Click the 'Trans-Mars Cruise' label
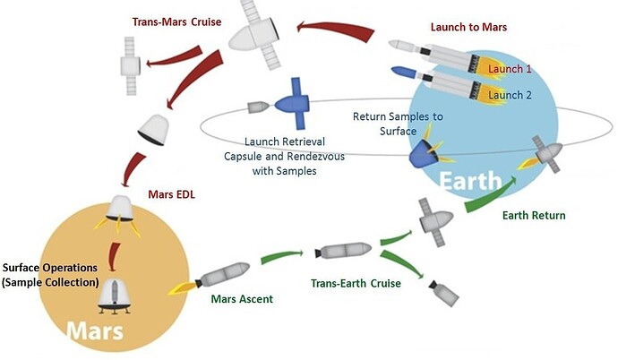176,21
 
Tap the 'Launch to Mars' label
468,27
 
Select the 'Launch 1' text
510,69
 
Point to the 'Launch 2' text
510,95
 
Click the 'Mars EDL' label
171,194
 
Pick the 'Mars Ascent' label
242,299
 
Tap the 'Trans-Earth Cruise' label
356,283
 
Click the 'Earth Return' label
534,216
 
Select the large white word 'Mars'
95,330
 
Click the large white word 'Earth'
470,182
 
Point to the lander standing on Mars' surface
115,296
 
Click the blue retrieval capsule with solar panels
292,104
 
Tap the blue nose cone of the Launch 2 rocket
404,72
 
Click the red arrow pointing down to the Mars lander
115,257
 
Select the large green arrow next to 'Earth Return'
490,196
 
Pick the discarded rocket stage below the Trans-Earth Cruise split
443,292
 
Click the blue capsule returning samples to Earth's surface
424,154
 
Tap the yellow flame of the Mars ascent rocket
182,288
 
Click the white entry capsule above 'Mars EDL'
154,130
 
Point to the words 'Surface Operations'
50,268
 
